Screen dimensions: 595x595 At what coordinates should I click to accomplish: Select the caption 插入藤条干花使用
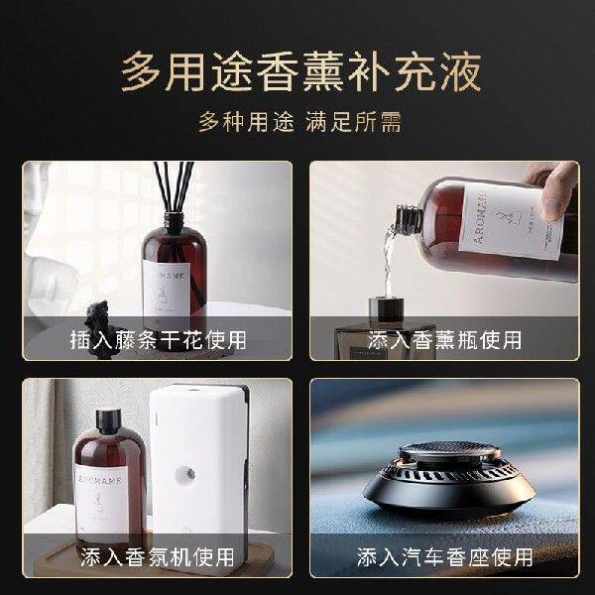click(x=159, y=339)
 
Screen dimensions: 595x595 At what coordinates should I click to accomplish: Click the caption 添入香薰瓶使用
click(x=444, y=339)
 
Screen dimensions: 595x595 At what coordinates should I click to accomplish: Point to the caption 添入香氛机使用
click(x=159, y=556)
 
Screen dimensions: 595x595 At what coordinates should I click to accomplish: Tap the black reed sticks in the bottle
click(x=169, y=198)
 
